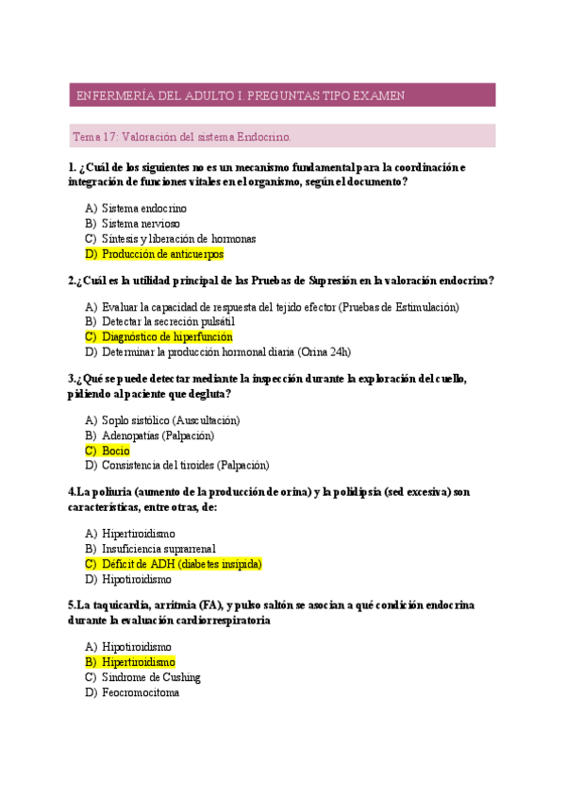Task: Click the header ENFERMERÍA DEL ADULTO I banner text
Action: (240, 95)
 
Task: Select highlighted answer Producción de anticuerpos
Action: (162, 254)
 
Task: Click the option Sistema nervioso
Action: (141, 223)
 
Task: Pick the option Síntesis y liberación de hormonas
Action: (178, 239)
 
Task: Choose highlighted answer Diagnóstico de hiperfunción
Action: (167, 336)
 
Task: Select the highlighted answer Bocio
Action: (115, 451)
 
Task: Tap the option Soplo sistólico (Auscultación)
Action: (170, 419)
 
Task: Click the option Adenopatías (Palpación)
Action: (158, 435)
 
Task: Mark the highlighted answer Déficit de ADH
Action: (181, 564)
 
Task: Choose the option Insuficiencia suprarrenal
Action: (158, 548)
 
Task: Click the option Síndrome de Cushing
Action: (151, 677)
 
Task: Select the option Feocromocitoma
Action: (141, 692)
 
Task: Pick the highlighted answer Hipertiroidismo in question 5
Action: (138, 662)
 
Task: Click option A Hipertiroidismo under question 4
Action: (138, 533)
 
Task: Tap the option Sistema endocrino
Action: (143, 208)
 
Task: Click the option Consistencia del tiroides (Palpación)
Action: (185, 466)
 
